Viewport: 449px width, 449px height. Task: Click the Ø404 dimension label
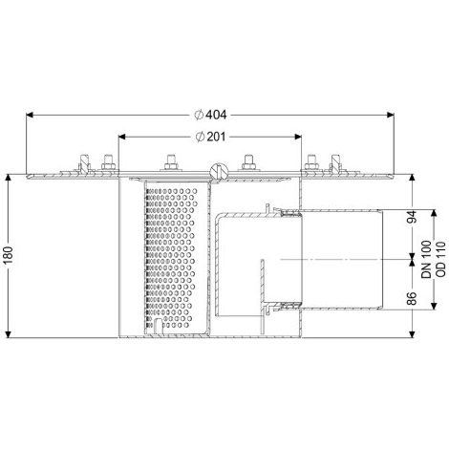210,115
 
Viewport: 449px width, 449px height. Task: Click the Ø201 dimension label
210,137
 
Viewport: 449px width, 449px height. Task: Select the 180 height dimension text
9,255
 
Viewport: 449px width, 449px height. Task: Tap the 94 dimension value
413,217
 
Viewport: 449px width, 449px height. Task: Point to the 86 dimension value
413,298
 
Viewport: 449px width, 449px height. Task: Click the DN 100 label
426,260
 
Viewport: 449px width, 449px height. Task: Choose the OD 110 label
439,260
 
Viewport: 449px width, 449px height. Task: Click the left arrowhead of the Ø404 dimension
30,115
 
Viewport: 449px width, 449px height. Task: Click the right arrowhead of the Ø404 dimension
390,115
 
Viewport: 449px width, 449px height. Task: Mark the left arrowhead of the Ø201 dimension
122,137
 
